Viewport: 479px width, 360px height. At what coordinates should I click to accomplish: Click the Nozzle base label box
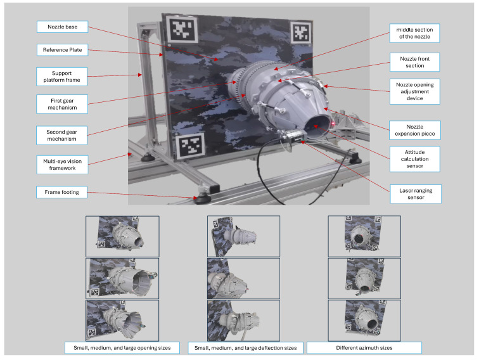tap(62, 27)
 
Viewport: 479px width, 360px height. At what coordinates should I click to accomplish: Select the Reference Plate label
tap(62, 50)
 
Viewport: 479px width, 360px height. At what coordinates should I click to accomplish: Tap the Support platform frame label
tap(61, 77)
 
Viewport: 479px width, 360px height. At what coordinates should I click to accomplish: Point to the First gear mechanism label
tap(62, 104)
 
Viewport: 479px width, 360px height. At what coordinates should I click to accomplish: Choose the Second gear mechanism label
tap(61, 136)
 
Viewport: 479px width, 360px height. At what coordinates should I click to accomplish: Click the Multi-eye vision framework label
tap(62, 165)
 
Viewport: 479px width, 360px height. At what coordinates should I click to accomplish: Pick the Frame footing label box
tap(61, 192)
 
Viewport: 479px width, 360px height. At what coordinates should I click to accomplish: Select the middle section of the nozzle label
tap(414, 33)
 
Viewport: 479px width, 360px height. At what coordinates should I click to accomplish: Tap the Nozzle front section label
tap(414, 62)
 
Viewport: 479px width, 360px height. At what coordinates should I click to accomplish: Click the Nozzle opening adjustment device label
tap(414, 91)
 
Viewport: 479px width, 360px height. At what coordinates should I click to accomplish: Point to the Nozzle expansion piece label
tap(415, 130)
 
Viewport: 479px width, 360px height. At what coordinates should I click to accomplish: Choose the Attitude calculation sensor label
tap(414, 159)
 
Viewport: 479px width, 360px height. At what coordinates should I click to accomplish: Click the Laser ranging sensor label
tap(416, 194)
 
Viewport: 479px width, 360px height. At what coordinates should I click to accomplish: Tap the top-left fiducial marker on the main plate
tap(182, 29)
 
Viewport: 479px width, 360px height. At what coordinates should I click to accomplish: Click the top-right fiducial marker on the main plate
tap(301, 32)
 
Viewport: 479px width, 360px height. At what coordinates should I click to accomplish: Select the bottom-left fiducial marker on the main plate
tap(191, 146)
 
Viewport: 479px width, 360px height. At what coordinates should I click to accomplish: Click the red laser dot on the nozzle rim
tap(333, 123)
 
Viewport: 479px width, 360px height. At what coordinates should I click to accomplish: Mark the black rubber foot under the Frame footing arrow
tap(202, 198)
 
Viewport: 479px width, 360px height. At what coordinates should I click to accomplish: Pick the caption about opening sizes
tap(122, 348)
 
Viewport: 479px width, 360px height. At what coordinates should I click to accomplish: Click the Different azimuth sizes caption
tap(364, 348)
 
